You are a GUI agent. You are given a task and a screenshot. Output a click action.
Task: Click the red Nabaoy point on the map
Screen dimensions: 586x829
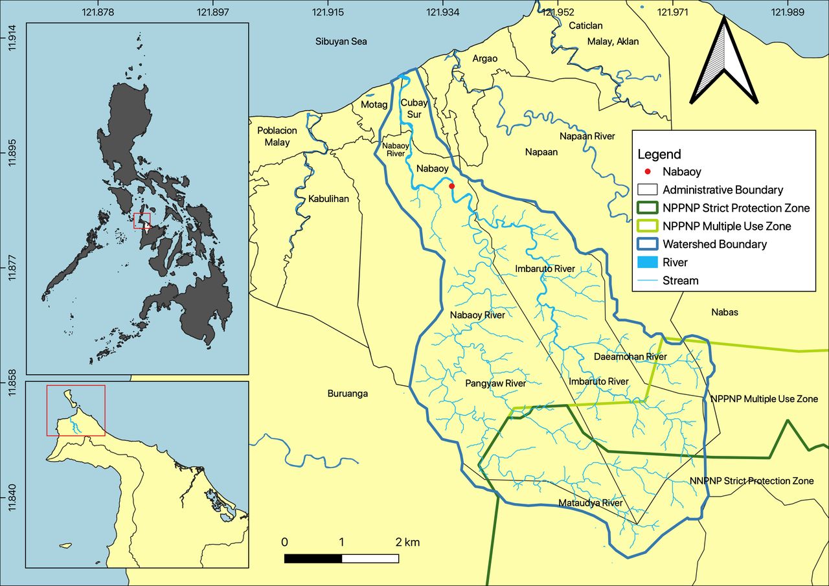(x=452, y=186)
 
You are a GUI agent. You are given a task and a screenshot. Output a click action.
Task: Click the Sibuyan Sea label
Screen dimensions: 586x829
(x=341, y=41)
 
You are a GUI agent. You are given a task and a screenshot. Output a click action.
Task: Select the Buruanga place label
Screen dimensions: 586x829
(x=348, y=393)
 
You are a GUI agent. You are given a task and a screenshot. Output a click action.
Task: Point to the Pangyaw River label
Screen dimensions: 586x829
(x=495, y=383)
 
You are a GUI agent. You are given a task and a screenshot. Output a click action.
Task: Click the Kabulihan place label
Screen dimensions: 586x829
(x=328, y=199)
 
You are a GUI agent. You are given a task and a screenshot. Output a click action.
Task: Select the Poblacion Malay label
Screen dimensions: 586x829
(x=277, y=136)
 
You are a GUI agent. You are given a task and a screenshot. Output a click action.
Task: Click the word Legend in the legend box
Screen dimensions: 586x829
(x=659, y=154)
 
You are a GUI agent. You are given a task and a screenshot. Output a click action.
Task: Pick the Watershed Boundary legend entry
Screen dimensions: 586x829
(x=714, y=244)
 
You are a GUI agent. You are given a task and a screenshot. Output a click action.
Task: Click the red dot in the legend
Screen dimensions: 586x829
(x=648, y=172)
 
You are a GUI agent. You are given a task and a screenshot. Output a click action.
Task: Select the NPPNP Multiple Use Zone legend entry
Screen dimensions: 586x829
(x=727, y=226)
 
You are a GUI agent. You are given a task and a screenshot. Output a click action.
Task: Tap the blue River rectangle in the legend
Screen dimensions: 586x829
(x=648, y=262)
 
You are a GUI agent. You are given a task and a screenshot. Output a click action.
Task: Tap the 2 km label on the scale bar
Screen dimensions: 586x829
(x=407, y=541)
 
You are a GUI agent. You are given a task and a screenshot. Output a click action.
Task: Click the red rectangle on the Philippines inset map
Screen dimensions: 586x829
(x=142, y=221)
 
